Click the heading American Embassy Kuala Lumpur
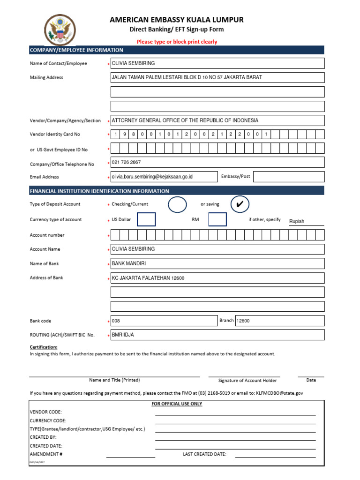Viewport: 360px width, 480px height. tap(177, 20)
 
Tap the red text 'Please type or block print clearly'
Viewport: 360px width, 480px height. tap(177, 42)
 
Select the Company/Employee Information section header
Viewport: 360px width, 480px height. tap(76, 50)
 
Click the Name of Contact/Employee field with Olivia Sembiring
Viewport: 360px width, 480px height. tap(217, 63)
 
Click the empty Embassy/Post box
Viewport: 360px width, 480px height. tap(288, 177)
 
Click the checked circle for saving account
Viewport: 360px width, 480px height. tap(240, 204)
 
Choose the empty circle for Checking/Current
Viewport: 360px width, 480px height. tap(177, 204)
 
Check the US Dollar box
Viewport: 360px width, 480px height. tap(146, 219)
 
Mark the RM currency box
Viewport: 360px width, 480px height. tap(217, 219)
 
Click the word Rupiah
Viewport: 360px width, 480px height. tap(297, 221)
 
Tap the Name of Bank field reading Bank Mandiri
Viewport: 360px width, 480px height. tap(217, 263)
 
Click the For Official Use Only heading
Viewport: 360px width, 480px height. tap(177, 404)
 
